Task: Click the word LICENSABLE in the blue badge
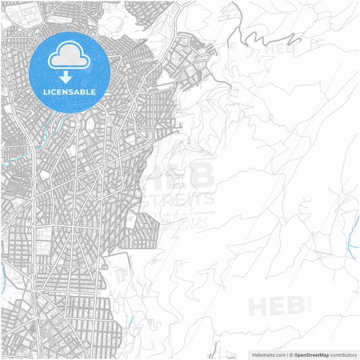(x=70, y=92)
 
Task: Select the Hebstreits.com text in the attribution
(x=267, y=354)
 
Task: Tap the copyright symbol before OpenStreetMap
(x=292, y=354)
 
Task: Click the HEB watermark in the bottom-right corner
(x=276, y=307)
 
